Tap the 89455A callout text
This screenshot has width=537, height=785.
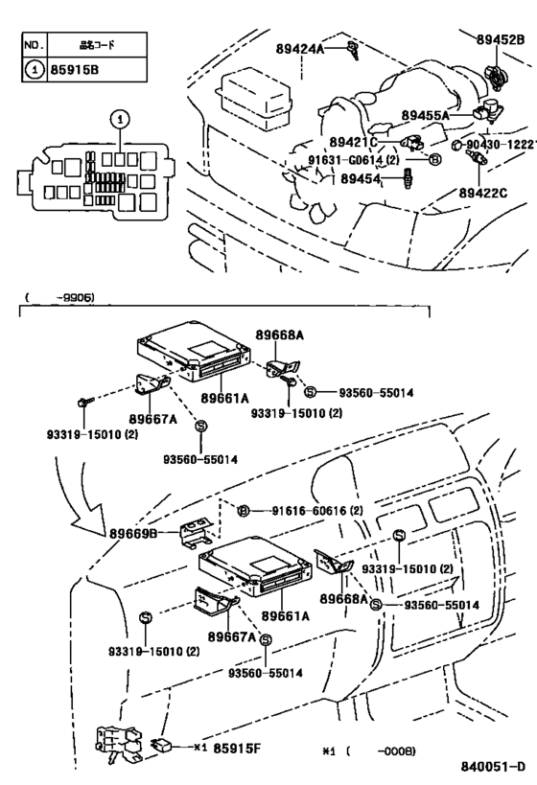[421, 116]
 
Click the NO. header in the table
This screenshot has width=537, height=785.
[34, 44]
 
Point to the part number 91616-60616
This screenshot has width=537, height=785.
[308, 512]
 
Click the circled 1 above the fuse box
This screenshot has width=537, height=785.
[119, 120]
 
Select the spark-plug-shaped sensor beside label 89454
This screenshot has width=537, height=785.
[411, 178]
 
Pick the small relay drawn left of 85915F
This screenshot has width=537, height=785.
[162, 743]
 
